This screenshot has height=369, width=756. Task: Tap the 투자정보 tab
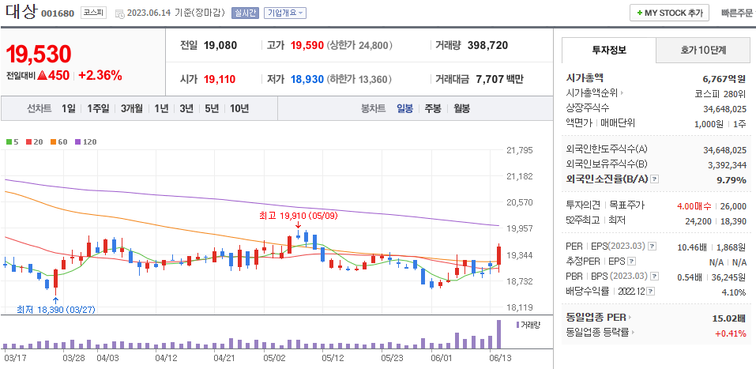pyautogui.click(x=608, y=50)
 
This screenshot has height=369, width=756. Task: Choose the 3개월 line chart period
pyautogui.click(x=132, y=108)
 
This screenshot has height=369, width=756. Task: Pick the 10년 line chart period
pyautogui.click(x=239, y=108)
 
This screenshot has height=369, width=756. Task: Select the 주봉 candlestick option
pyautogui.click(x=433, y=108)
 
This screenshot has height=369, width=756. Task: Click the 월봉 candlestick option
pyautogui.click(x=461, y=108)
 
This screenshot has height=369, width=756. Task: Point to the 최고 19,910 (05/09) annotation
pyautogui.click(x=299, y=215)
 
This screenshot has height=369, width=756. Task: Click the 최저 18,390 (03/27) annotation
pyautogui.click(x=55, y=309)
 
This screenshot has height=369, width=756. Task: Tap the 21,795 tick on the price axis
pyautogui.click(x=520, y=150)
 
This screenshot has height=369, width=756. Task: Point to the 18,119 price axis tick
pyautogui.click(x=520, y=307)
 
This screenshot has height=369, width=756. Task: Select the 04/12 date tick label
pyautogui.click(x=166, y=357)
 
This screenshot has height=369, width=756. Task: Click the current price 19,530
pyautogui.click(x=39, y=54)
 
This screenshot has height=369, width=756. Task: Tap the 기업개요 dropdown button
pyautogui.click(x=285, y=13)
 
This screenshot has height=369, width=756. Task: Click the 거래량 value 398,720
pyautogui.click(x=498, y=45)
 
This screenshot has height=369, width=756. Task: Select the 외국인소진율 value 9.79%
pyautogui.click(x=731, y=179)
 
